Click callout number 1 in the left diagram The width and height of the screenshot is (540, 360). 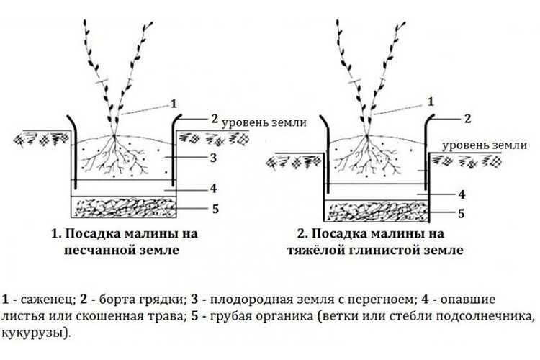pyautogui.click(x=174, y=104)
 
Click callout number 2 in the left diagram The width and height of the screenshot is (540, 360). pyautogui.click(x=215, y=119)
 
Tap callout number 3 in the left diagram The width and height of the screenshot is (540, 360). pyautogui.click(x=214, y=158)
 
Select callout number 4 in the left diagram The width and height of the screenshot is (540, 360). pyautogui.click(x=214, y=189)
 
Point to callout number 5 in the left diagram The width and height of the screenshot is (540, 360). pyautogui.click(x=215, y=209)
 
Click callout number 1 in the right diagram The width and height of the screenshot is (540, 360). pyautogui.click(x=431, y=102)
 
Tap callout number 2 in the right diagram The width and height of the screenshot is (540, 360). pyautogui.click(x=467, y=119)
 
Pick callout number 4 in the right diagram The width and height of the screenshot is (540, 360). pyautogui.click(x=462, y=194)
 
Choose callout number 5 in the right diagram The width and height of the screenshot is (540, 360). pyautogui.click(x=461, y=213)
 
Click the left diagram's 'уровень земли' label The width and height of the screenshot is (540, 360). pyautogui.click(x=264, y=122)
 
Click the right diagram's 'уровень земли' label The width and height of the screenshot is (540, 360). pyautogui.click(x=485, y=145)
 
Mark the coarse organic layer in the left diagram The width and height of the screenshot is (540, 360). pyautogui.click(x=124, y=208)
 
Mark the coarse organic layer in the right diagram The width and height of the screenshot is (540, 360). pyautogui.click(x=377, y=211)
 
